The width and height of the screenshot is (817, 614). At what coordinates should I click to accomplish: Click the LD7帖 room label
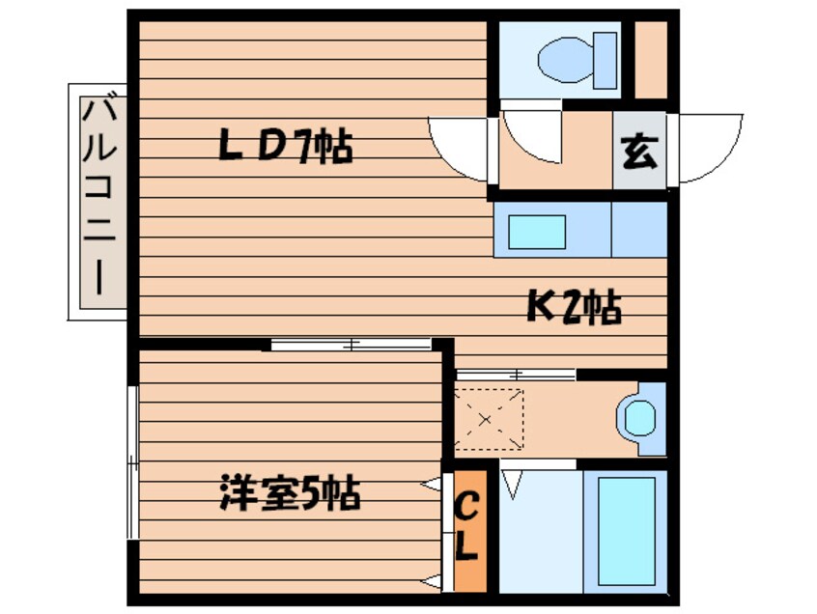point(285,147)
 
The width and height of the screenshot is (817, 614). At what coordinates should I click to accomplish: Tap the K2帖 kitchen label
point(573,308)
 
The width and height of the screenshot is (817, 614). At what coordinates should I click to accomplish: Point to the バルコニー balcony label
point(98,200)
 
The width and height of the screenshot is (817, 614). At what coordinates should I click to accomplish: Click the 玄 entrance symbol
point(638,152)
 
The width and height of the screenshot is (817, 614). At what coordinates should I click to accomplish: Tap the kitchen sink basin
point(537,232)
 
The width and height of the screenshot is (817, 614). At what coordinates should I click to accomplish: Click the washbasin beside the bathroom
point(639,419)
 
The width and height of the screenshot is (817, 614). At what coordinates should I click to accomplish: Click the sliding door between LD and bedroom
point(352,344)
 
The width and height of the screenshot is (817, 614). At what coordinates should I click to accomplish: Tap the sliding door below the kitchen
point(516,374)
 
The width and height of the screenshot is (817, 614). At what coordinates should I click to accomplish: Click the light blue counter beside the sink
point(638,230)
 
